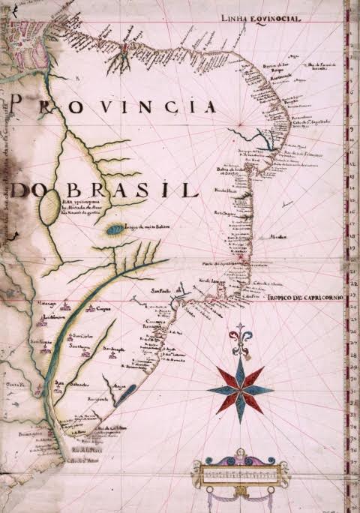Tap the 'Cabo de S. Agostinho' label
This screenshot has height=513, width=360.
[x=307, y=124]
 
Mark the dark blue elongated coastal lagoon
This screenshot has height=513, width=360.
[x=126, y=391]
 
